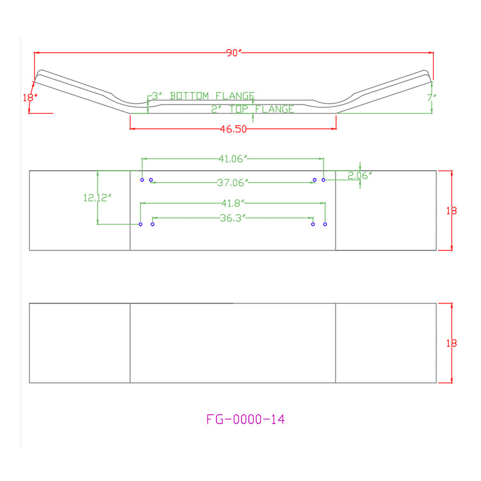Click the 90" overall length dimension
click(234, 53)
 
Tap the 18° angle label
click(30, 98)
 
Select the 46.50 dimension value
click(233, 129)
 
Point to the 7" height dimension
click(431, 98)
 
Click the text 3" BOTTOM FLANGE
click(203, 96)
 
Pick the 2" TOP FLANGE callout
click(253, 109)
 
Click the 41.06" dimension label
click(233, 159)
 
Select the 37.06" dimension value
click(232, 183)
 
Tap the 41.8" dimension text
click(233, 203)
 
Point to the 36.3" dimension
click(233, 218)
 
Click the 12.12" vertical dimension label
click(97, 198)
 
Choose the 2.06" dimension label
click(360, 176)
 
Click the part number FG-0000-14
click(245, 419)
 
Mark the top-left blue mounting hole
click(142, 180)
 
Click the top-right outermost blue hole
click(323, 180)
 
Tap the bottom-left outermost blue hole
click(140, 224)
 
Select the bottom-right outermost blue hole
click(325, 224)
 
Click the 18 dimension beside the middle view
click(451, 211)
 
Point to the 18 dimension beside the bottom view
click(451, 343)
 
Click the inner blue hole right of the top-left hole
click(151, 180)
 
